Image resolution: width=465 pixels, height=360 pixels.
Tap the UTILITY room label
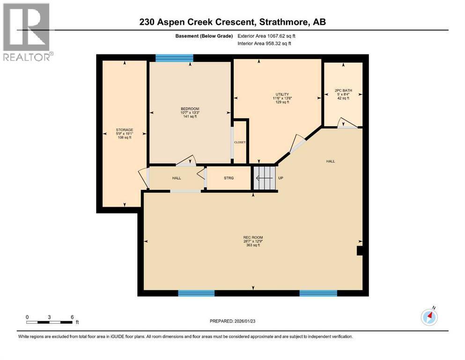click(282, 94)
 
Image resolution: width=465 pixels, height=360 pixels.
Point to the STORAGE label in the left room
click(125, 130)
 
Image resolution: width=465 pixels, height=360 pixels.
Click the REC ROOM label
click(253, 238)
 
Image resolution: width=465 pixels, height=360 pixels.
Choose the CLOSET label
click(240, 142)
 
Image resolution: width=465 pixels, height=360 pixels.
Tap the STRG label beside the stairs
click(229, 178)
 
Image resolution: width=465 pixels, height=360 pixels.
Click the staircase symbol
click(263, 178)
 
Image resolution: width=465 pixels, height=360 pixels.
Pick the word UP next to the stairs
click(280, 178)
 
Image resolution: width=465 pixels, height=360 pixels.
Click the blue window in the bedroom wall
click(174, 58)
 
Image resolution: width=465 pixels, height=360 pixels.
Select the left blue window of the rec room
click(196, 293)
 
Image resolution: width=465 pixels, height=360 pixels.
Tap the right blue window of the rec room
click(318, 293)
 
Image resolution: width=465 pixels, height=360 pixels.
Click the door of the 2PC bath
click(347, 123)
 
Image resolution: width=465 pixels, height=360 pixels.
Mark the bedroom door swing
click(186, 160)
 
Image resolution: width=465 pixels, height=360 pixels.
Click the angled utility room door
click(296, 143)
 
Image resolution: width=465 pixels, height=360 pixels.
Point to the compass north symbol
click(429, 317)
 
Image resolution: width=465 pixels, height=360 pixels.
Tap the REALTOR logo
click(27, 32)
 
